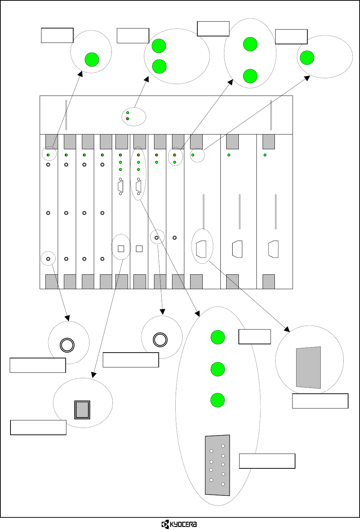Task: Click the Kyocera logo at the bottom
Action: click(x=179, y=524)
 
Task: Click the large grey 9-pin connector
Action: click(x=218, y=465)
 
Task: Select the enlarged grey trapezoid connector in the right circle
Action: click(x=308, y=367)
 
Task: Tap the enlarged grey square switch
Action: click(x=82, y=410)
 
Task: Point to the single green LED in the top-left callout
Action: click(x=92, y=59)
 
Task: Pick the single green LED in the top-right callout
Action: click(x=307, y=58)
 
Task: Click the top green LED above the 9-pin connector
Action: click(x=218, y=337)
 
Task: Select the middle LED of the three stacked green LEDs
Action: click(x=218, y=369)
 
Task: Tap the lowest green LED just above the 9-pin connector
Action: click(x=218, y=400)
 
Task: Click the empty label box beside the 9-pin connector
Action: click(x=267, y=461)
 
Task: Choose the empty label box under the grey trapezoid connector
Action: click(x=320, y=401)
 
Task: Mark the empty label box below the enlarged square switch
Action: click(x=38, y=428)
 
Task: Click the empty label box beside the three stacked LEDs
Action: click(x=254, y=337)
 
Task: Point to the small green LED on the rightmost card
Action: click(x=265, y=155)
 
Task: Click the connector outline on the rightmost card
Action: click(x=273, y=249)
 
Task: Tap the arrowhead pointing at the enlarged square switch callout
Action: click(x=93, y=375)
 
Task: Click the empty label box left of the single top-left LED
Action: click(x=57, y=35)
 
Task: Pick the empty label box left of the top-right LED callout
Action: click(x=291, y=37)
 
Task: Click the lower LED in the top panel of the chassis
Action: click(x=128, y=119)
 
